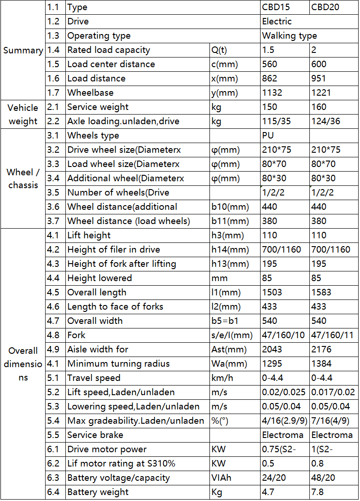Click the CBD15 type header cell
pos(277,7)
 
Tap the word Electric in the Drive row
pos(277,22)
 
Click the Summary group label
pos(23,50)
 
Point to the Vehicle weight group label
pos(23,114)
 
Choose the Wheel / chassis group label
pos(23,179)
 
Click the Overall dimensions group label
pos(23,363)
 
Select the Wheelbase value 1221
pos(321,93)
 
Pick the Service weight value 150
pos(270,107)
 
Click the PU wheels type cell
pos(268,136)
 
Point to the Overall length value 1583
pos(321,293)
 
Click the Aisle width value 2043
pos(272,350)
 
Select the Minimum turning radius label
pos(118,364)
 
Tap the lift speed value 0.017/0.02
pos(333,392)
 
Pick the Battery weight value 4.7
pos(268,492)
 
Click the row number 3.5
pos(53,193)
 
